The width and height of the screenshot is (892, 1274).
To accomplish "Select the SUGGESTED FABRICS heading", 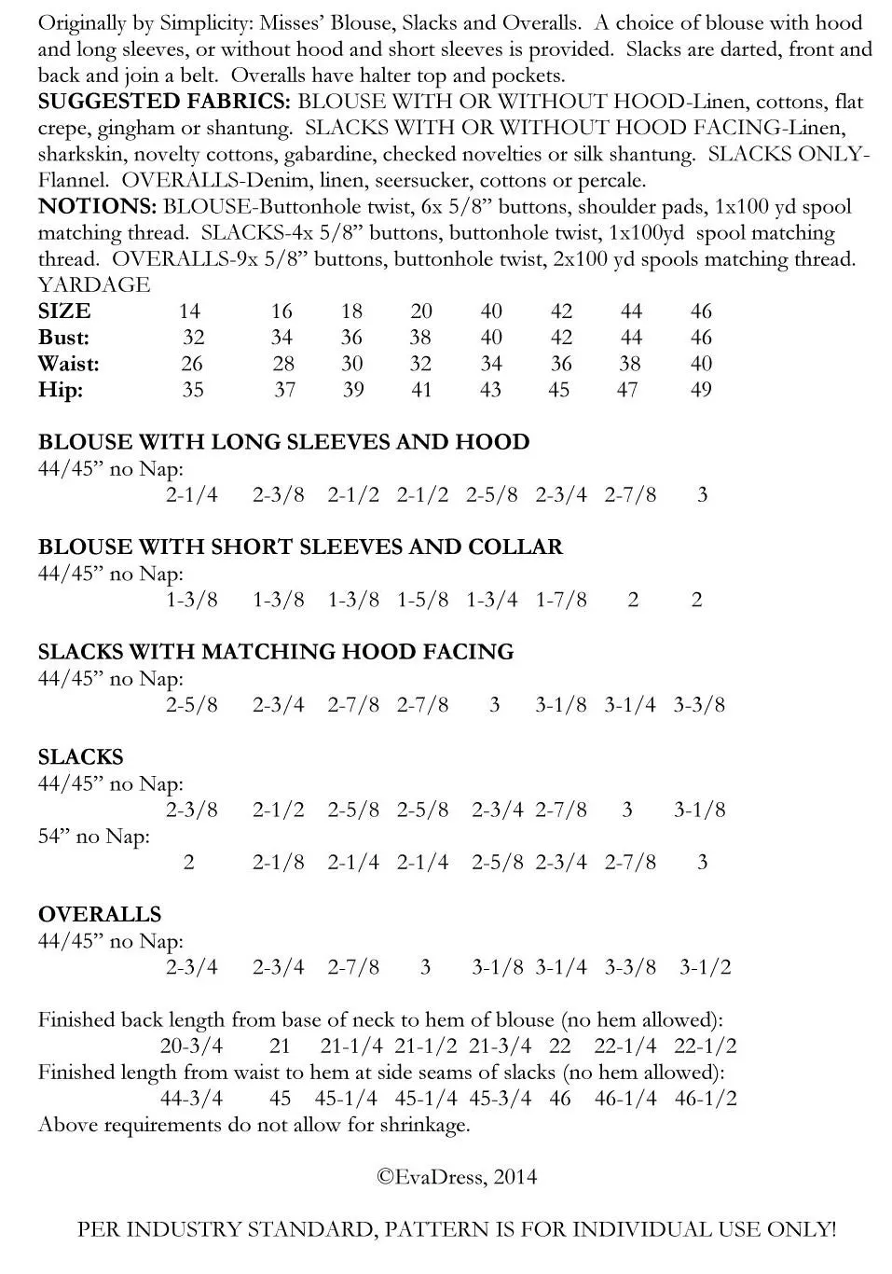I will pyautogui.click(x=164, y=102).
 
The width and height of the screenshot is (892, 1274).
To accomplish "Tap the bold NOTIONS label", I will pyautogui.click(x=97, y=206).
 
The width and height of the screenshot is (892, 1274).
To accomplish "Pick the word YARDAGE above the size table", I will pyautogui.click(x=94, y=284).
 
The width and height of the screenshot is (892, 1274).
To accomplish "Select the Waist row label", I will pyautogui.click(x=69, y=364).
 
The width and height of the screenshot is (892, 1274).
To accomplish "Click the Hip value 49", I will pyautogui.click(x=701, y=390).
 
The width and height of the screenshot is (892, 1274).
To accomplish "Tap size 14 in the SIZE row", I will pyautogui.click(x=189, y=312).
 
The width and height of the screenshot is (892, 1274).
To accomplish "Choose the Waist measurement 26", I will pyautogui.click(x=192, y=364).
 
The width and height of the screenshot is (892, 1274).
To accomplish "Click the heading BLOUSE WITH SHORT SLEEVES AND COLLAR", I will pyautogui.click(x=300, y=547).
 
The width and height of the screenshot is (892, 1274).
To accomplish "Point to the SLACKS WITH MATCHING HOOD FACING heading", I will pyautogui.click(x=276, y=652).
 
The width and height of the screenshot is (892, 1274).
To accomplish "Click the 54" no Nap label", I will pyautogui.click(x=93, y=837).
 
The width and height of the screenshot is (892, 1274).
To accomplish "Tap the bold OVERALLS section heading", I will pyautogui.click(x=100, y=914).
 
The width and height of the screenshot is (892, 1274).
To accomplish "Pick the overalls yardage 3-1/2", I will pyautogui.click(x=705, y=967).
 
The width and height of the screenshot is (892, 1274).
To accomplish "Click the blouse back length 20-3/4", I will pyautogui.click(x=191, y=1046).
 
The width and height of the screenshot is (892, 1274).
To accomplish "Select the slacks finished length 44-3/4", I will pyautogui.click(x=191, y=1099).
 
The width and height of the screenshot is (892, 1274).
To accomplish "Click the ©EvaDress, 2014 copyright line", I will pyautogui.click(x=457, y=1176).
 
